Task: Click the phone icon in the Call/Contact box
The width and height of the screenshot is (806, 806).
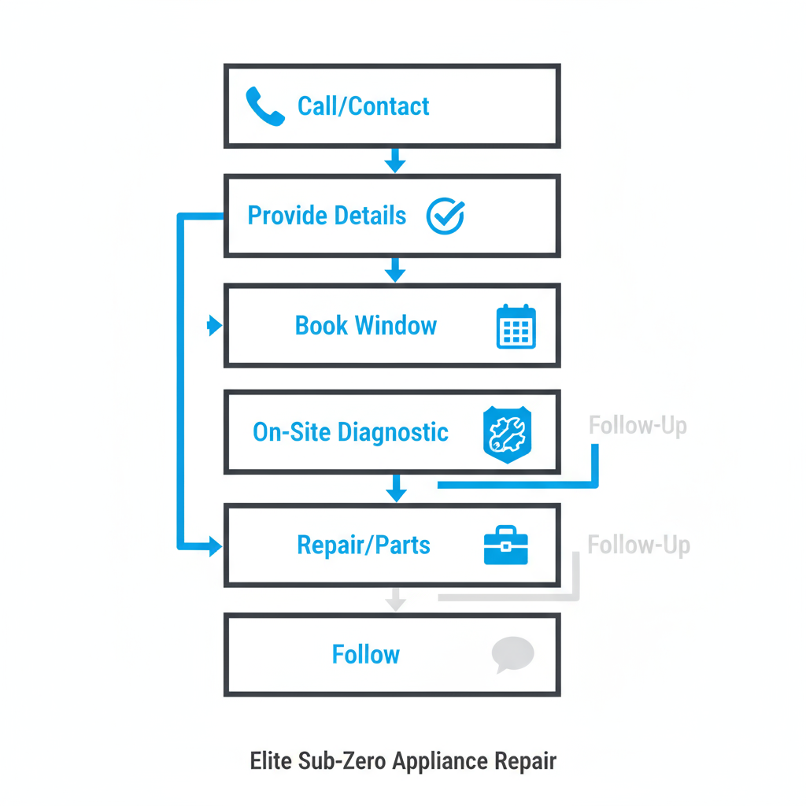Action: [x=264, y=106]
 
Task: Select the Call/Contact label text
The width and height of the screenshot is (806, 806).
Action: [x=363, y=106]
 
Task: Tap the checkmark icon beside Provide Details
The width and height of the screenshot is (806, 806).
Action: [x=446, y=216]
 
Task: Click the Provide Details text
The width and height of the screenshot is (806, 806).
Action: [x=327, y=216]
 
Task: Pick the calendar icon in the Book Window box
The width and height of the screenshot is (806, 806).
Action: [x=516, y=327]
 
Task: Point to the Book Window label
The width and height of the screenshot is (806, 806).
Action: [x=365, y=326]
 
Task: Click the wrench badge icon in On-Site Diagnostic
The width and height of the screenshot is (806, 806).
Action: [x=506, y=432]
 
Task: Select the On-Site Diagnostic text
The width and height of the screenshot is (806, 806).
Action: [x=350, y=432]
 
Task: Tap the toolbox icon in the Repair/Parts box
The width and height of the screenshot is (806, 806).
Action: [x=505, y=545]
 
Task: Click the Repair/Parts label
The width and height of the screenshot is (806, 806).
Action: [x=364, y=545]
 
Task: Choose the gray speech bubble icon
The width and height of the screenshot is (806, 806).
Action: [x=512, y=655]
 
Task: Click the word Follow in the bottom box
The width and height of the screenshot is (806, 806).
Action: [x=365, y=655]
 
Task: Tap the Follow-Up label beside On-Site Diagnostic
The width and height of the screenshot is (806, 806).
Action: [x=638, y=427]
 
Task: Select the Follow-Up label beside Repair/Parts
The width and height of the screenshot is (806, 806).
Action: [x=638, y=545]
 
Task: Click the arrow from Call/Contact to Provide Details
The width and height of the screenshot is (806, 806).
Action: [x=395, y=161]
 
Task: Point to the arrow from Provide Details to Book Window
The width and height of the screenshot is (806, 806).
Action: [x=395, y=272]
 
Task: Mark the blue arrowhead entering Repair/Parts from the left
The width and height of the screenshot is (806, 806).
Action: [x=215, y=546]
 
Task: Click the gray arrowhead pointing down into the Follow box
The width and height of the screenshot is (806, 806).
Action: [x=396, y=603]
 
